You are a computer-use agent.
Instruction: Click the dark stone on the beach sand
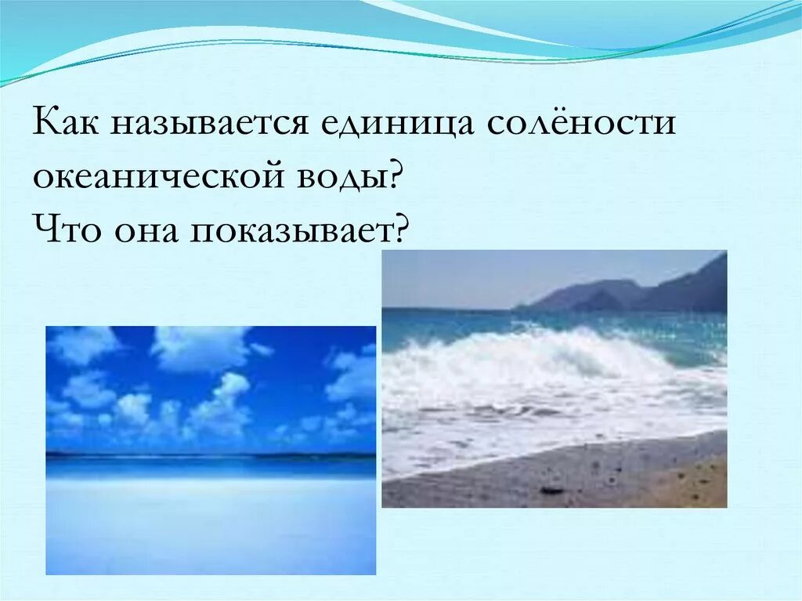click(x=551, y=491)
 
